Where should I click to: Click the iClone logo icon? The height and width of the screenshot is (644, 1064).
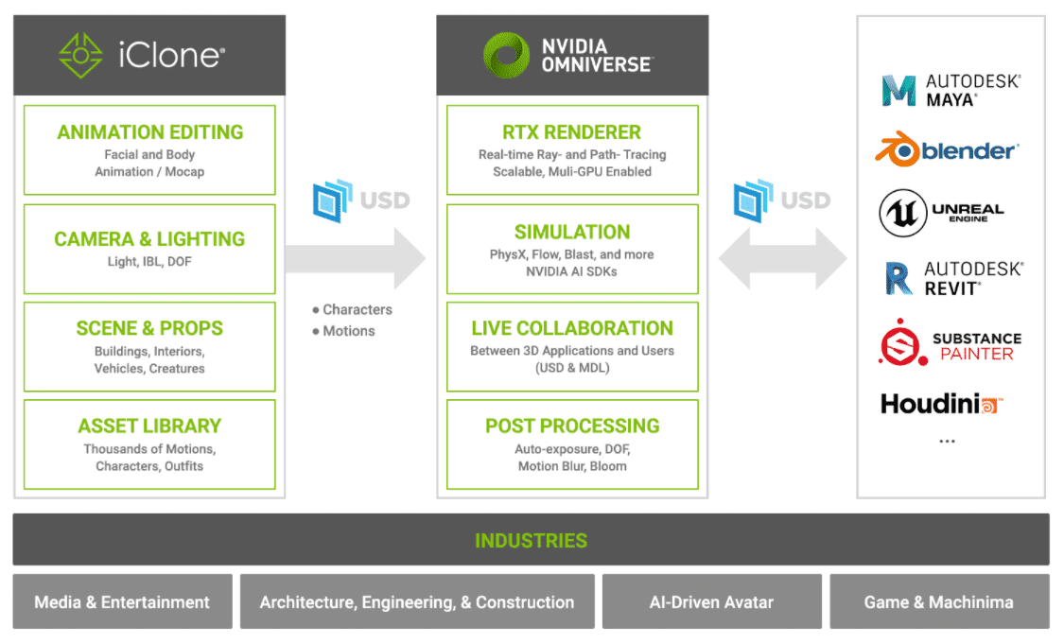tap(80, 56)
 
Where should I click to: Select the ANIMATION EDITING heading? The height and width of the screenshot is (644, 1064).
tap(149, 132)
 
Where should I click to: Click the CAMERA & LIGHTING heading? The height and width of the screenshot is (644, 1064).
tap(149, 239)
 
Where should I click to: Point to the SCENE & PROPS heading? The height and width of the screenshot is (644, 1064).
tap(149, 328)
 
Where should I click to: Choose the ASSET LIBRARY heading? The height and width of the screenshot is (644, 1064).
tap(149, 426)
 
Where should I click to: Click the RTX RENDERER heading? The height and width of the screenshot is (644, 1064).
tap(572, 132)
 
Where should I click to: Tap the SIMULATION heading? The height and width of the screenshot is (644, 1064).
tap(572, 232)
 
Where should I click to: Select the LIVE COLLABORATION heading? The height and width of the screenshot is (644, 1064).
tap(572, 328)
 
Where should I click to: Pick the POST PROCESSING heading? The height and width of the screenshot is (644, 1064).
tap(572, 426)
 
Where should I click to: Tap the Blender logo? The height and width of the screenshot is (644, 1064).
tap(946, 150)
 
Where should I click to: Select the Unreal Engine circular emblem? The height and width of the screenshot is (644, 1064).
tap(902, 214)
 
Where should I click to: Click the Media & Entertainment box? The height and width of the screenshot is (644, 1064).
tap(122, 601)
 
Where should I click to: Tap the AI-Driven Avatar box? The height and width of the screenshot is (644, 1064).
tap(711, 601)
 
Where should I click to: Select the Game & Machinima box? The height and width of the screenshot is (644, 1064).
tap(938, 601)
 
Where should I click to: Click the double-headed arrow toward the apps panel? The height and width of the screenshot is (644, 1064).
tap(783, 257)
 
